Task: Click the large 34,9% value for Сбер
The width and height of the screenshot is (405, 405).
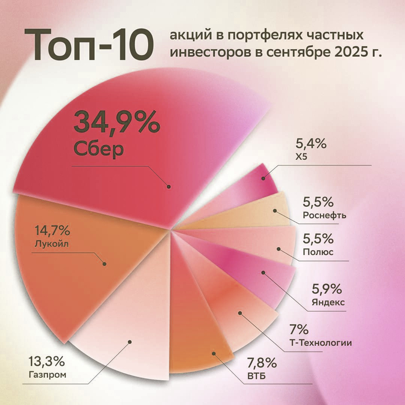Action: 116,123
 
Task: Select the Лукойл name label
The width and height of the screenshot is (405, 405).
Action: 51,244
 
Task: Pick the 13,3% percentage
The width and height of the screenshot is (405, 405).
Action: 46,362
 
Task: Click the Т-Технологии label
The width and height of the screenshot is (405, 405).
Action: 321,343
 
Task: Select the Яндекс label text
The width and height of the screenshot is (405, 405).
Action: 327,301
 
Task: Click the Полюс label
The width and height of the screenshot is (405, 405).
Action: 316,252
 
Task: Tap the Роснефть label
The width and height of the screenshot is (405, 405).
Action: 325,216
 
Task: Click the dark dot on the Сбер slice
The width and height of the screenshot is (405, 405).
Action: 169,186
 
